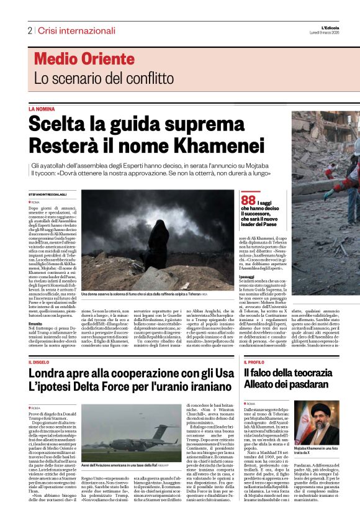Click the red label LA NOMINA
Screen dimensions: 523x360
[x=42, y=109]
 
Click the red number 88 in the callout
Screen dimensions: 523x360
[x=248, y=200]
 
